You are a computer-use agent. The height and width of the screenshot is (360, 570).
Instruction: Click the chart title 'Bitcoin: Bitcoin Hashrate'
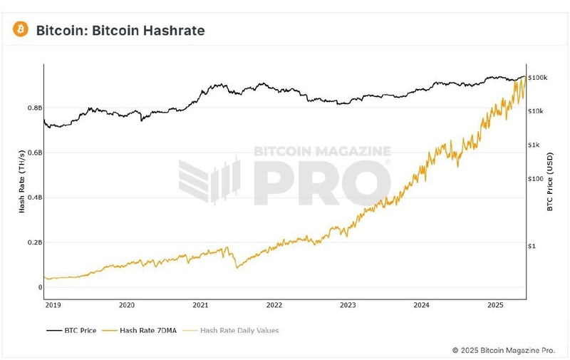120,30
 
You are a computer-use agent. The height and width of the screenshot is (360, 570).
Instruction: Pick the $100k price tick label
537,78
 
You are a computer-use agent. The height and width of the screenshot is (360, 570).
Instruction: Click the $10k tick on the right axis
536,111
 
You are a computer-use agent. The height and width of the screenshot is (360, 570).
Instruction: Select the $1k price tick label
534,145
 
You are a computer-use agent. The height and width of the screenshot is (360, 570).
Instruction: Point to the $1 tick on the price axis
532,246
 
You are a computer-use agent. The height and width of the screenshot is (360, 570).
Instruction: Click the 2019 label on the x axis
53,305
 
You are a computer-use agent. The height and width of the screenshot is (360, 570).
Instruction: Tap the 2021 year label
200,305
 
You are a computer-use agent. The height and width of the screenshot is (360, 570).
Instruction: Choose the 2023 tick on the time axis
348,305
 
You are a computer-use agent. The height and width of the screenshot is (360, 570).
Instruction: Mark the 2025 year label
495,305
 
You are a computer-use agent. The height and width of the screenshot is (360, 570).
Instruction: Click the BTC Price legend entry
71,331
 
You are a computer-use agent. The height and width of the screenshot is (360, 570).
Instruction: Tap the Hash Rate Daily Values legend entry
231,331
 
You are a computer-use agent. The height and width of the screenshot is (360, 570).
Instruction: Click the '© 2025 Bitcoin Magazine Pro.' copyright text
503,350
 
